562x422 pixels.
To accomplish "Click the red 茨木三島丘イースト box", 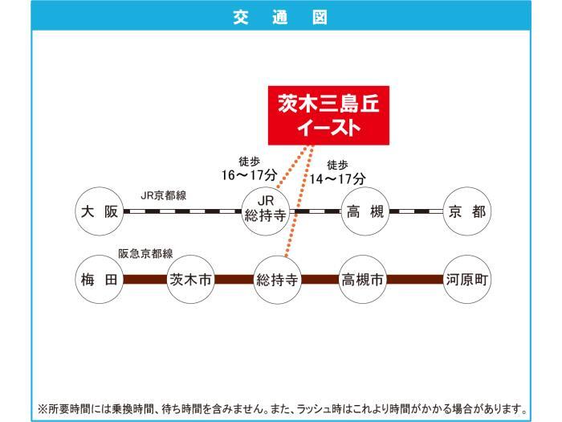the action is tap(328, 115).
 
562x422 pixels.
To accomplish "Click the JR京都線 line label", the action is tap(164, 195).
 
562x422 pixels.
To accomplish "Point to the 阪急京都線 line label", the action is tap(145, 254).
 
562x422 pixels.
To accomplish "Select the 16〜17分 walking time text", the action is tap(249, 175).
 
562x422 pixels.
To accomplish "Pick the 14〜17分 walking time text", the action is tap(338, 178).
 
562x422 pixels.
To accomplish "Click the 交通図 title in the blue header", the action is tap(280, 17).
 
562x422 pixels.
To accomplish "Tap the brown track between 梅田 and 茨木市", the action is tap(145, 279).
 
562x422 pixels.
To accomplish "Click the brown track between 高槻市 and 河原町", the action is tap(415, 279).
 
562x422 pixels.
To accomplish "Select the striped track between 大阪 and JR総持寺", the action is tap(182, 211).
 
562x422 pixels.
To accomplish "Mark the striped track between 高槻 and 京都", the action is tap(416, 211).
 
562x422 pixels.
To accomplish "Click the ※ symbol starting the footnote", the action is tap(43, 408).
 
